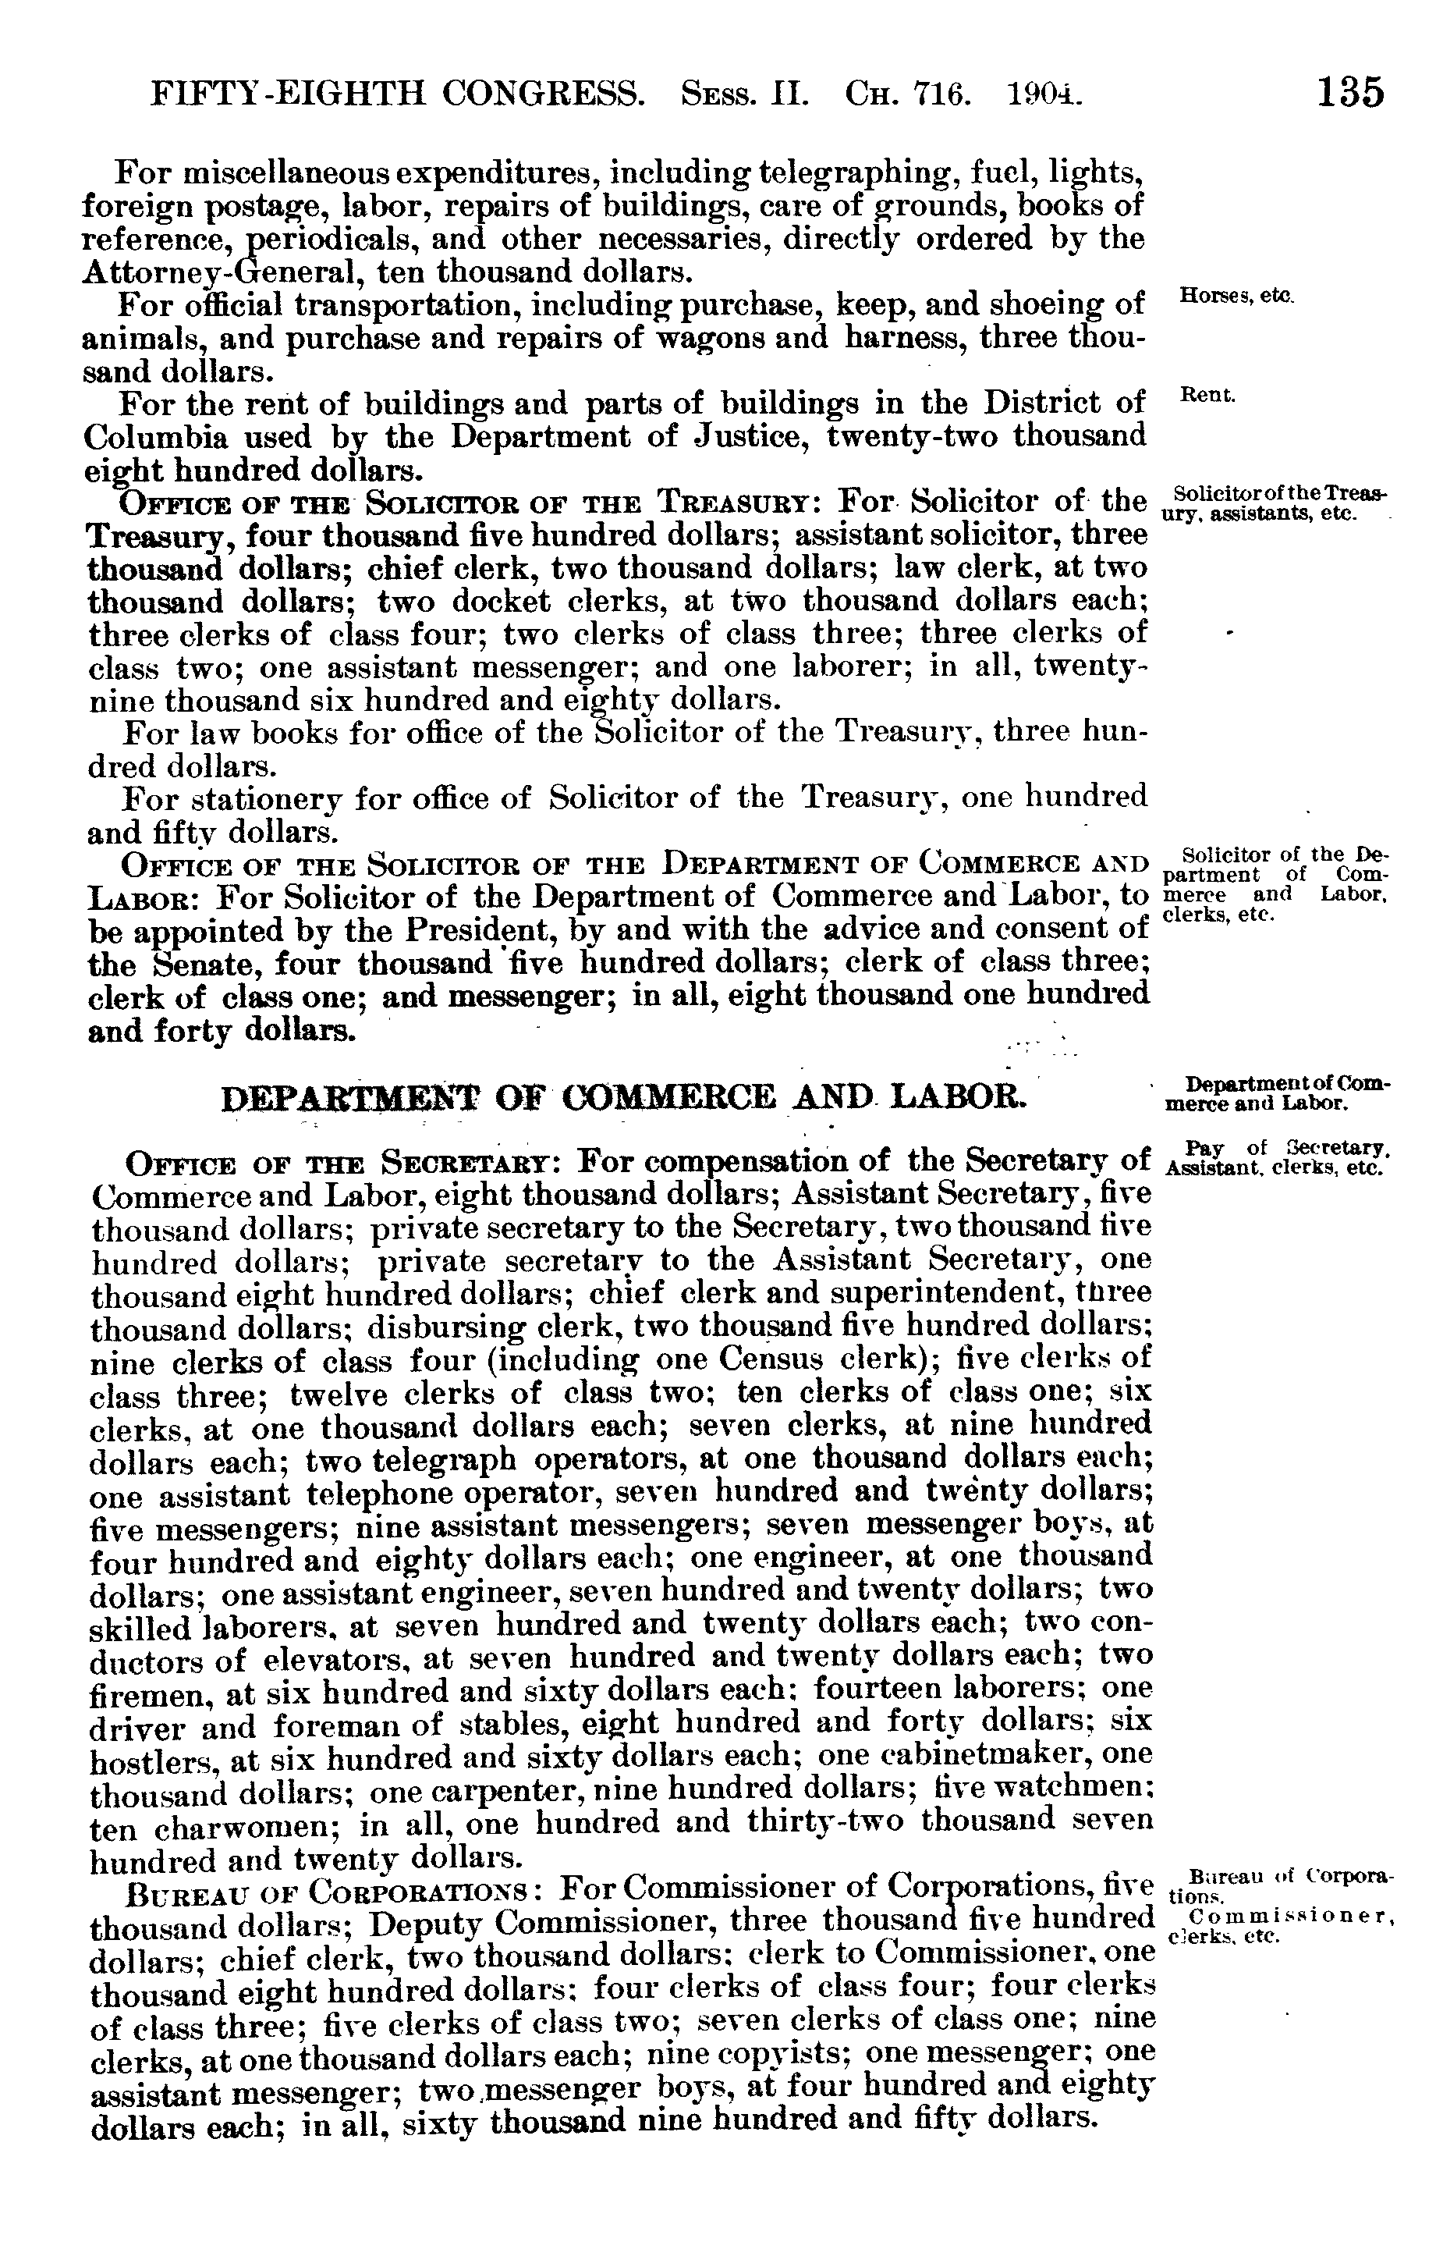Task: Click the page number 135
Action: point(1350,94)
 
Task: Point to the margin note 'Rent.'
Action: point(1207,395)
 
